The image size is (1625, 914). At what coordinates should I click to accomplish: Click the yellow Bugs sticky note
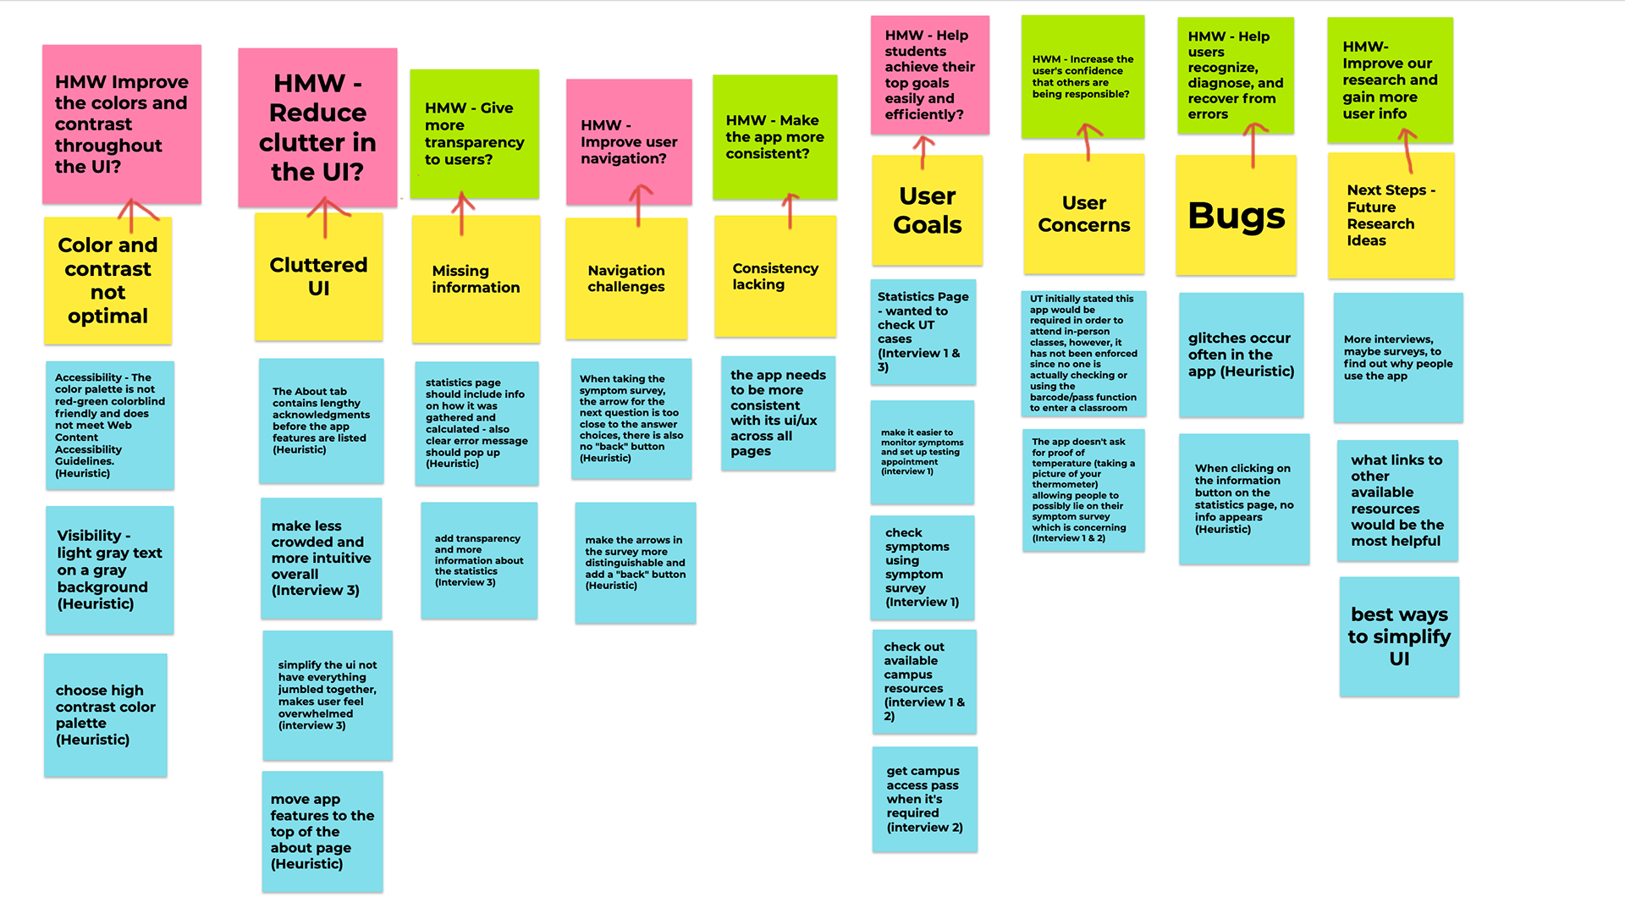pos(1236,216)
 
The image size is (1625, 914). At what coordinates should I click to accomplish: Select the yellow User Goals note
pos(927,211)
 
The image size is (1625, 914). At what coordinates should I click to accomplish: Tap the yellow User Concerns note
pos(1083,214)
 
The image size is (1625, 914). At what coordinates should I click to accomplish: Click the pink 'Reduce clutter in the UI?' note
pos(317,127)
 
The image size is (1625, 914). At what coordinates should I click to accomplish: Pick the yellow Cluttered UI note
pos(318,277)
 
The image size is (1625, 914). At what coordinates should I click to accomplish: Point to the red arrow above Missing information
pos(462,213)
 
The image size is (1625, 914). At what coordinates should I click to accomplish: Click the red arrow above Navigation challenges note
pos(639,206)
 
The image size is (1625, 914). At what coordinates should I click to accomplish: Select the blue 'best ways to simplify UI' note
pos(1399,636)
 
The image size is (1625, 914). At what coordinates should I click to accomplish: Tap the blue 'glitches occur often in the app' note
pos(1241,355)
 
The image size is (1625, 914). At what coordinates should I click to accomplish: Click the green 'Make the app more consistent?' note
pos(774,137)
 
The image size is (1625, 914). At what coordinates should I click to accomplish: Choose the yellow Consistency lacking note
pos(775,277)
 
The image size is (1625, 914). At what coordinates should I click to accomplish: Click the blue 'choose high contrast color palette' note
pos(105,715)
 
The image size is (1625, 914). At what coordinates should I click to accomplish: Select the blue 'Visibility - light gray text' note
pos(109,570)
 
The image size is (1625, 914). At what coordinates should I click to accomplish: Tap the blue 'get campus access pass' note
pos(924,799)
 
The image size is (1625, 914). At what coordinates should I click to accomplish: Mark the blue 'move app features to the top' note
pos(322,831)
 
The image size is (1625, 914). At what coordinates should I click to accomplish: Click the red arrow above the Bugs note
pos(1253,144)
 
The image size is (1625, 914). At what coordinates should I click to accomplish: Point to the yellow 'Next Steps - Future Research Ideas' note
pos(1391,216)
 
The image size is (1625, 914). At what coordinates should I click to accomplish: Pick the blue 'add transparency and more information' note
pos(479,560)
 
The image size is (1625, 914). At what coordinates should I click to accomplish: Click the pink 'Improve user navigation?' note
pos(629,141)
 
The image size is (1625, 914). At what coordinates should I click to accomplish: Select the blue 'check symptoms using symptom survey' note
pos(922,567)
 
